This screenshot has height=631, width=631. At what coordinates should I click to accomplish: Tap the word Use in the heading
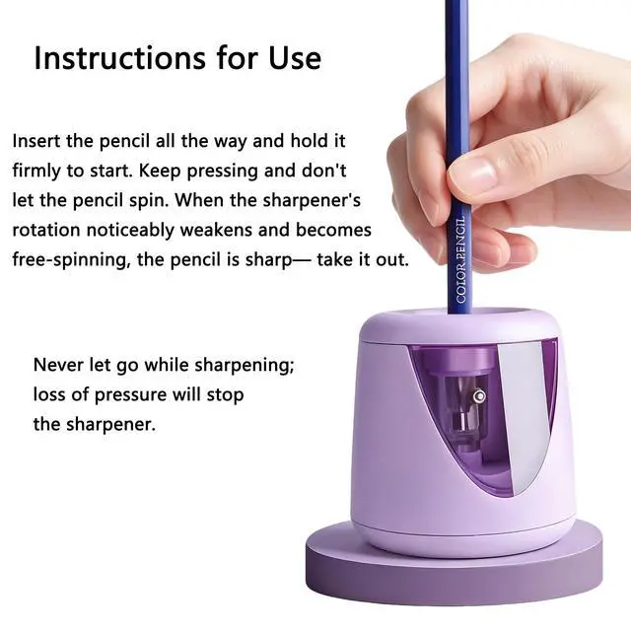coord(295,58)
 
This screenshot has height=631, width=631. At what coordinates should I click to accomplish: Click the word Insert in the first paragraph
coord(36,141)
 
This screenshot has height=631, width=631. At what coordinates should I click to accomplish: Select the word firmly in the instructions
coord(36,171)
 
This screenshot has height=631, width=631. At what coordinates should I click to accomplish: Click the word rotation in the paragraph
coord(46,230)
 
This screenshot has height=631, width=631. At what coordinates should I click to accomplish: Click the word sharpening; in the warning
coord(245,366)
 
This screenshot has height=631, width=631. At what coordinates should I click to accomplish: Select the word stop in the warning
coord(226,395)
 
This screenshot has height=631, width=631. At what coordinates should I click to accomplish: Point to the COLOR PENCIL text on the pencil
coord(461,260)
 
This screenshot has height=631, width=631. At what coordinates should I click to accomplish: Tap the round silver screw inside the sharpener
coord(479,396)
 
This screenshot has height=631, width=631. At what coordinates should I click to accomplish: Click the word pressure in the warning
coord(130,395)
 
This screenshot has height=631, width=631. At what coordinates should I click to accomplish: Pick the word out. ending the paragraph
coord(392,260)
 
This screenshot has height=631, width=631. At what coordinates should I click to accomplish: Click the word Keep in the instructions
coord(160,171)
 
